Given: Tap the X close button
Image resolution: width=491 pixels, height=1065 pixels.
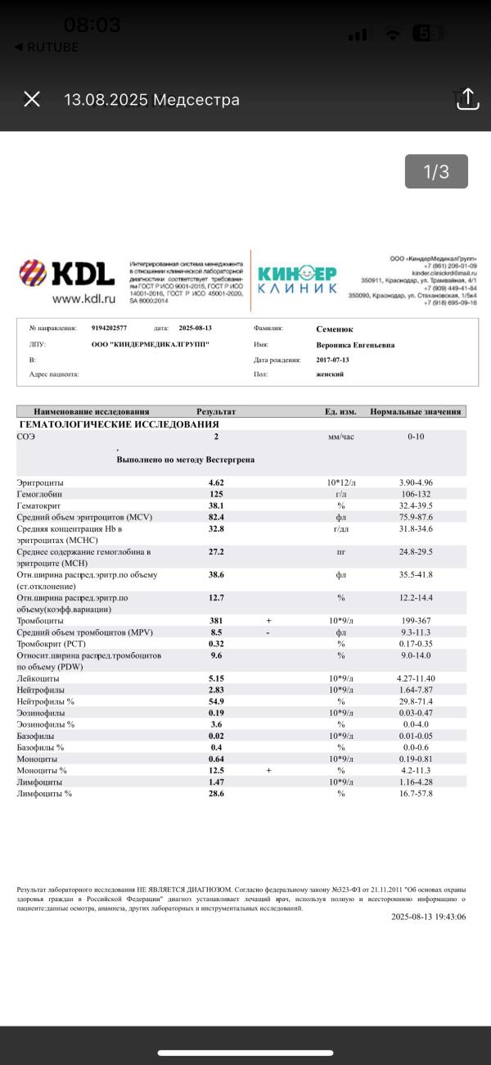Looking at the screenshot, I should (x=32, y=99).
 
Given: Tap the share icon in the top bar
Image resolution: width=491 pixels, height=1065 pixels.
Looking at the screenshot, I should (x=466, y=99).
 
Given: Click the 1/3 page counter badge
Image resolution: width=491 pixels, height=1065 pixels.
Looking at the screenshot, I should (x=436, y=172).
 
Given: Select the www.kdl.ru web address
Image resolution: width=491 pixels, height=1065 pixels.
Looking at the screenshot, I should (x=83, y=300).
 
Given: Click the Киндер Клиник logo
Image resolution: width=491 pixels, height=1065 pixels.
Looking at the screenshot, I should (x=297, y=279).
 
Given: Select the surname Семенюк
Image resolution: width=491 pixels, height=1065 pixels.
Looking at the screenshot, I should (x=336, y=329).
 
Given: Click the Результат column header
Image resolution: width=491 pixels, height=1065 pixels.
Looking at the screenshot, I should (x=216, y=411).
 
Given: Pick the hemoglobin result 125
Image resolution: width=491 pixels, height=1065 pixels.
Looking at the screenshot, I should (x=216, y=495).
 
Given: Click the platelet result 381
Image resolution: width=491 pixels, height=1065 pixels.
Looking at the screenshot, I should (x=216, y=621).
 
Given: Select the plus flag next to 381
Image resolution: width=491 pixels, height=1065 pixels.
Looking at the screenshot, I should (x=268, y=621).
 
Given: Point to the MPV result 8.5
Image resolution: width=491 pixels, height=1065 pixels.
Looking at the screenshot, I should (x=216, y=632).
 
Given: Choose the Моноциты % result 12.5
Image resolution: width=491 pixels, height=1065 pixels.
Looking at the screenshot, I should (x=216, y=771).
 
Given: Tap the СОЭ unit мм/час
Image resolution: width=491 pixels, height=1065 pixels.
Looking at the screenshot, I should (x=340, y=437).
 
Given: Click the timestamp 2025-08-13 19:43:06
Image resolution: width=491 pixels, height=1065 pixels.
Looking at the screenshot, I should (x=428, y=917).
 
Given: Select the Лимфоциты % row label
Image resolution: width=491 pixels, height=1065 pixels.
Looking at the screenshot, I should (x=45, y=794).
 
